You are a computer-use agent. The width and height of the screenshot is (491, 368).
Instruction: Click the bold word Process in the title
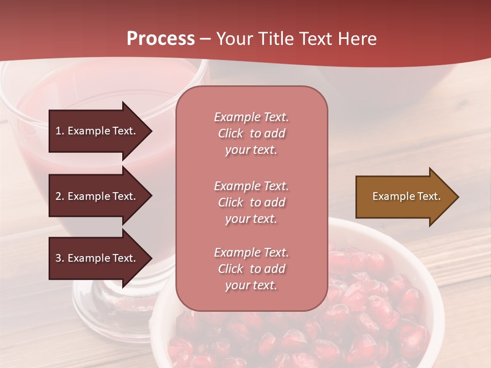click(161, 38)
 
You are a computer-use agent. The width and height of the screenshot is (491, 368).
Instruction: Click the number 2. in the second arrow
click(60, 196)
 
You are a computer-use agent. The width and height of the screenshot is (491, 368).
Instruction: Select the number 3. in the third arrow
click(60, 258)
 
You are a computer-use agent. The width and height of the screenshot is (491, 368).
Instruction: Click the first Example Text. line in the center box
click(251, 117)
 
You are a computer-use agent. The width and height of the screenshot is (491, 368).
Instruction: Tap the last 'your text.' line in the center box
click(251, 285)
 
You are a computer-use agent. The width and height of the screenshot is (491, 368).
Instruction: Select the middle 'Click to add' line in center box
click(251, 202)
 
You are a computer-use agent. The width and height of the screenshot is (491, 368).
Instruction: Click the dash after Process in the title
click(205, 39)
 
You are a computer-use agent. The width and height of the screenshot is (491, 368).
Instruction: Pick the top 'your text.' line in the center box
click(251, 150)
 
